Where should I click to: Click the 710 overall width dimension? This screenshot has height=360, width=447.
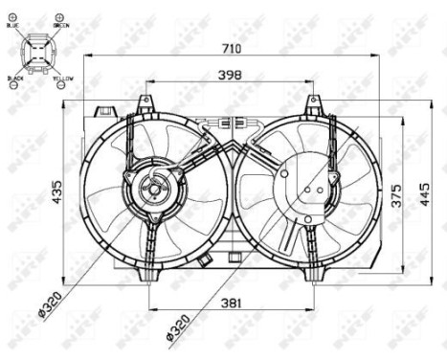pos(231,47)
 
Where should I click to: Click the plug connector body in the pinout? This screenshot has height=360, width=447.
pos(37,50)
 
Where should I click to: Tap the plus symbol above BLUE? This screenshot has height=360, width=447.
pos(12,18)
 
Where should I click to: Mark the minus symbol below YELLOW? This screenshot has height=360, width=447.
pos(62,85)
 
